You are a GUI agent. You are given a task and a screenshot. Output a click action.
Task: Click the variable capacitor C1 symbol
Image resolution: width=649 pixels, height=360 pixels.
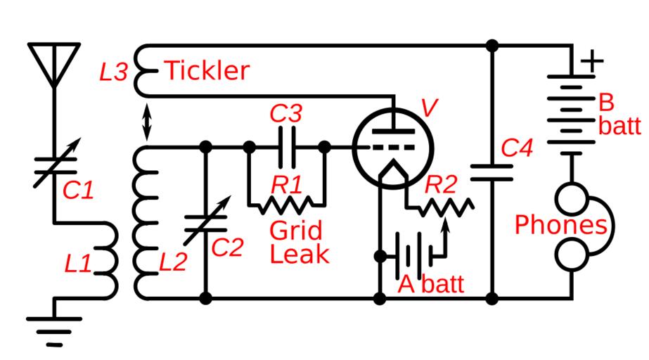(x=55, y=162)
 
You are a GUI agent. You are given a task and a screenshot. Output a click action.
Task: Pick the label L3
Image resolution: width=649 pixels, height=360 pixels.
(x=113, y=72)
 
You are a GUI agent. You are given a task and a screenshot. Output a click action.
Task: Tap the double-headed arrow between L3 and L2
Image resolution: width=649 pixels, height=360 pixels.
(x=127, y=122)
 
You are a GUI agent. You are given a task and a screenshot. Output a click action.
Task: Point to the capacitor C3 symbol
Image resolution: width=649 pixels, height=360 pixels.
(x=287, y=147)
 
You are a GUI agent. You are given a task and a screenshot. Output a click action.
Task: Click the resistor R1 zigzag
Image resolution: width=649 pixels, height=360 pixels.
(x=287, y=205)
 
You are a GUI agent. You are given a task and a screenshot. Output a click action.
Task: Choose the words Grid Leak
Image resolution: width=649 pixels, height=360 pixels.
(x=297, y=241)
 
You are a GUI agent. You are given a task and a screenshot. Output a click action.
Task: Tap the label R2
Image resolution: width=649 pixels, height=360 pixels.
(x=442, y=184)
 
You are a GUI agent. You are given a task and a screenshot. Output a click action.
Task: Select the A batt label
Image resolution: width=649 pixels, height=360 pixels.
(x=431, y=285)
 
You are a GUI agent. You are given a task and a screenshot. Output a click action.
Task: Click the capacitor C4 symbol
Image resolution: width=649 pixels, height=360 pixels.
(x=491, y=172)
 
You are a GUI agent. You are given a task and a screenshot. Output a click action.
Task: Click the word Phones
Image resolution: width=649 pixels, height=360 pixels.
(x=560, y=225)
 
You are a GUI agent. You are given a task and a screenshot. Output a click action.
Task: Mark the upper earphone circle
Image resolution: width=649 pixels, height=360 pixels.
(x=572, y=200)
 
